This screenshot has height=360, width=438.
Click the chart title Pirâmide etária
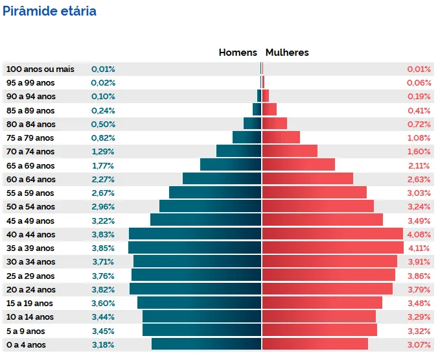(x=49, y=11)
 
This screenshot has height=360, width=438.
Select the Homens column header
(x=238, y=53)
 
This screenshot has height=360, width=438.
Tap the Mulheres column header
(x=287, y=53)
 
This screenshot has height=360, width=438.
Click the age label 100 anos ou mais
(x=40, y=69)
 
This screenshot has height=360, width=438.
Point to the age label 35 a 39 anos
(x=30, y=248)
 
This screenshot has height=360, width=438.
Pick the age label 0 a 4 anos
(x=26, y=344)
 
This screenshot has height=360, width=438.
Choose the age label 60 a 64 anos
(x=30, y=179)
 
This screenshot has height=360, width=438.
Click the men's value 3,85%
(x=103, y=248)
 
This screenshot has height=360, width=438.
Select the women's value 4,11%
(x=418, y=248)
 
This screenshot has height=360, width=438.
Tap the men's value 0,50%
(x=103, y=124)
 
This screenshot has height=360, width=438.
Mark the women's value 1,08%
(x=418, y=138)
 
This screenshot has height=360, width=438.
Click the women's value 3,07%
(x=418, y=344)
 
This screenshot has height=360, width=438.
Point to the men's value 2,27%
(x=103, y=179)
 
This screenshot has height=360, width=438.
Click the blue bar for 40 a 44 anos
(x=194, y=234)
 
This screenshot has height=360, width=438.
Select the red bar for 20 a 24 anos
(x=327, y=289)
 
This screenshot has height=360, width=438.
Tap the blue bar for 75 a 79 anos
(x=247, y=138)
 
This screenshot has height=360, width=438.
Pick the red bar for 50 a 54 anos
(x=317, y=206)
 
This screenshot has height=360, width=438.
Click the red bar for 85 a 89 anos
(x=270, y=110)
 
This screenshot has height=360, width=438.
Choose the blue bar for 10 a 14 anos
(x=202, y=317)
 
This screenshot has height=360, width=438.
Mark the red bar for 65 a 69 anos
(x=298, y=165)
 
